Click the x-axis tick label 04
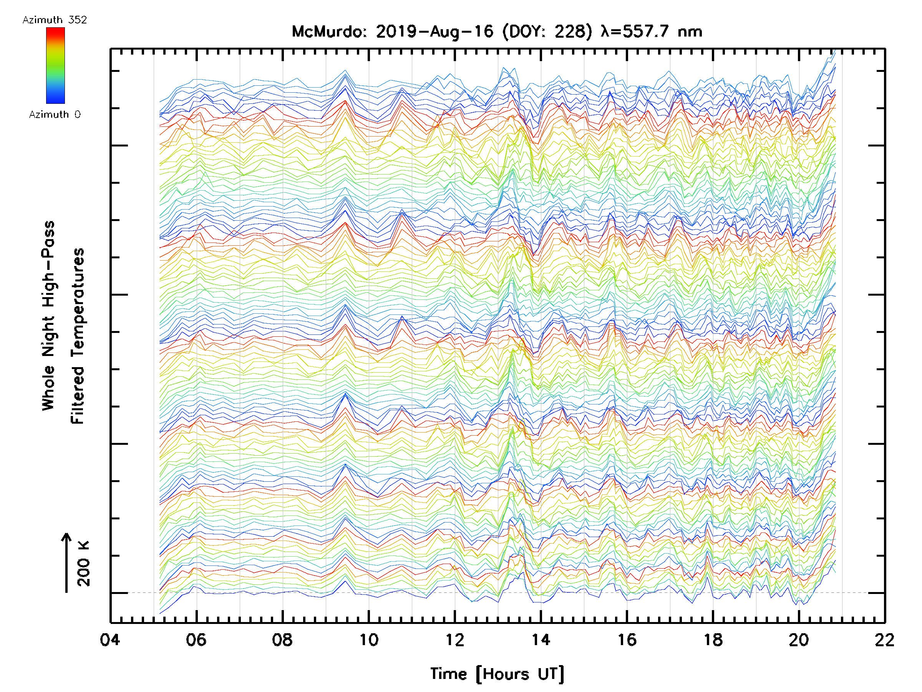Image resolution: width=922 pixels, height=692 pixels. point(110,640)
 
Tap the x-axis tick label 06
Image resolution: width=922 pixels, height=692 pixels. point(196,640)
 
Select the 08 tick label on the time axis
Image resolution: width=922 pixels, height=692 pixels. point(282,640)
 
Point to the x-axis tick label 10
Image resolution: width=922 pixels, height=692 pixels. point(368,640)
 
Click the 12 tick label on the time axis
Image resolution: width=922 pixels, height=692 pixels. point(454,640)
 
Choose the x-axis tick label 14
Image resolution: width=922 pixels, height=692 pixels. point(541,640)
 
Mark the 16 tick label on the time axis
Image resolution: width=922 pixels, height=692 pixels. point(627,640)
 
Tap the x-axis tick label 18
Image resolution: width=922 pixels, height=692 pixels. point(713,640)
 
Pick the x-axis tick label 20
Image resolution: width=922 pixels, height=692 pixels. point(799,640)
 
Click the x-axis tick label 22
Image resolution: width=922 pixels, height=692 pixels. point(884,640)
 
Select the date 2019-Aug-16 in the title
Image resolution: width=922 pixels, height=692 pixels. point(435,32)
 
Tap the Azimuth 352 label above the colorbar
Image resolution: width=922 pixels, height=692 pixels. point(55,20)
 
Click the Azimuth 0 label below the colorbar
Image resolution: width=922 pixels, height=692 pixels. point(55,114)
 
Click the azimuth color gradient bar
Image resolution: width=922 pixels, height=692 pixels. point(55,65)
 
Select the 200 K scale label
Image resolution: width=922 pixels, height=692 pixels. point(84,564)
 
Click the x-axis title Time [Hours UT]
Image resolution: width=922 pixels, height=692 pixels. point(497,674)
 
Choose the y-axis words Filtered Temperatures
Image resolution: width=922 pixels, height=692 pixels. point(78,336)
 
